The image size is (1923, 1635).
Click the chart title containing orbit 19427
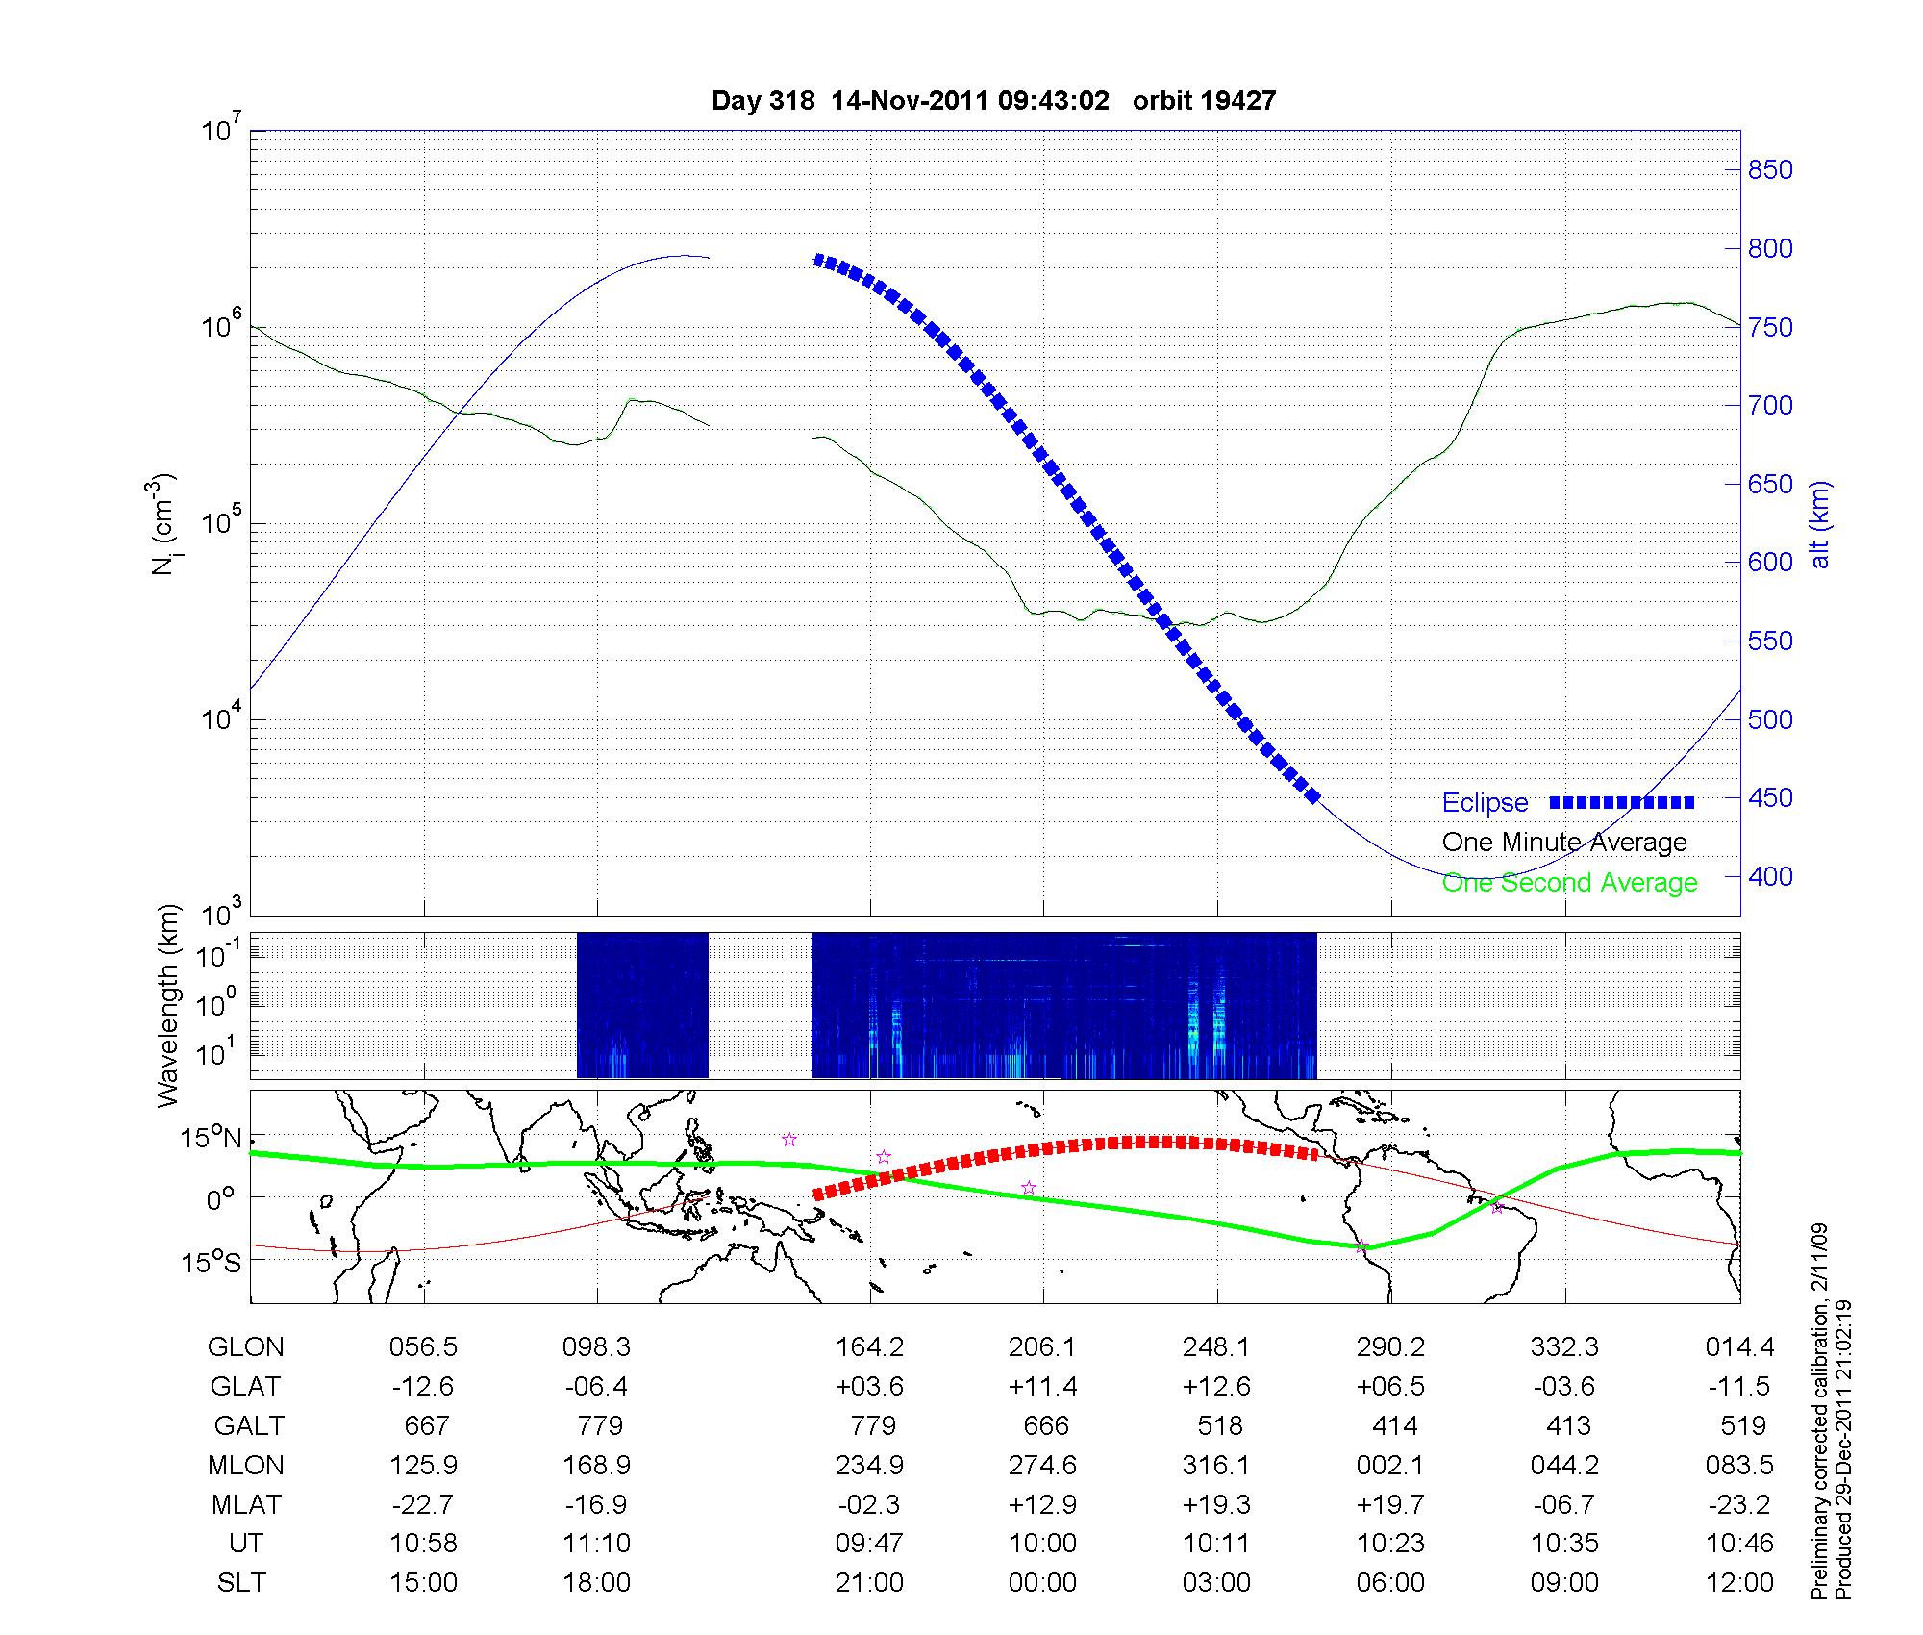993,101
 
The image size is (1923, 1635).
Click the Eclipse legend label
1485,803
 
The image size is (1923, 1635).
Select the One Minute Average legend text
1564,843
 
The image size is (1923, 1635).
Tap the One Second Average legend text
1569,883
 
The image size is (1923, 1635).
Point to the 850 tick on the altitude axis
1770,170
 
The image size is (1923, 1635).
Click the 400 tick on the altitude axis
1770,877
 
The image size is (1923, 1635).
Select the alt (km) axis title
1820,525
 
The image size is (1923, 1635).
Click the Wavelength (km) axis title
168,1006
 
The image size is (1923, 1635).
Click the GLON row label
246,1347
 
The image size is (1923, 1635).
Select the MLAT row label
246,1504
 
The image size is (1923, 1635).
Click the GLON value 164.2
870,1347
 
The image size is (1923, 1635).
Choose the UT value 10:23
1390,1544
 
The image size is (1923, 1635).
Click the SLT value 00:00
1043,1583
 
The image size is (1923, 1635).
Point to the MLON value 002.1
1390,1466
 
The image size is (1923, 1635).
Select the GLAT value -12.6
423,1387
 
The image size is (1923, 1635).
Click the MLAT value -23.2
1740,1504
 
